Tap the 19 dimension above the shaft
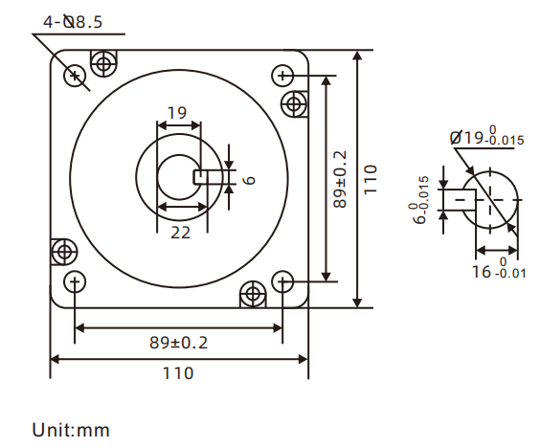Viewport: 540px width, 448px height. (x=176, y=113)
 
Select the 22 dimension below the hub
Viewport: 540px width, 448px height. (x=179, y=232)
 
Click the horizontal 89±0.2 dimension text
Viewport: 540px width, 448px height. (x=179, y=342)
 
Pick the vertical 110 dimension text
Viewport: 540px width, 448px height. (x=371, y=179)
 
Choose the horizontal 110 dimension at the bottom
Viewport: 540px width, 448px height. (x=179, y=372)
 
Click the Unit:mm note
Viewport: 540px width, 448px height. (x=71, y=430)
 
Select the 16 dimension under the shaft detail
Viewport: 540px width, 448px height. (x=483, y=272)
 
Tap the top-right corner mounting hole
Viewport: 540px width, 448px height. (x=282, y=75)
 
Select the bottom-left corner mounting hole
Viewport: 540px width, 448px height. (x=75, y=281)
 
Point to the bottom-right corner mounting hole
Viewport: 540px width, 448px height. (x=282, y=281)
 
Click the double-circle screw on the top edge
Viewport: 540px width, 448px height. (x=102, y=64)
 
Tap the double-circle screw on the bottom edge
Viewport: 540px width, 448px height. (x=253, y=293)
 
